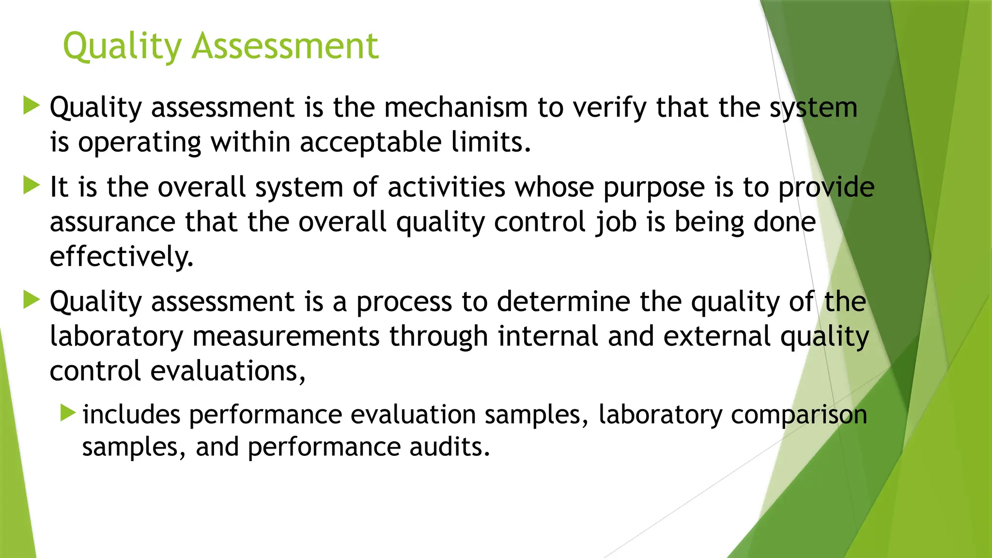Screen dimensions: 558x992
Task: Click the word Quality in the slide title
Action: (122, 46)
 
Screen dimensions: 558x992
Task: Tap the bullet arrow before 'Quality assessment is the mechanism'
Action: (31, 105)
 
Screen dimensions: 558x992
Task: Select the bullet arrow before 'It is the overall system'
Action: (31, 185)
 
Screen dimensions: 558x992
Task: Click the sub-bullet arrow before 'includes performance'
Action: (68, 413)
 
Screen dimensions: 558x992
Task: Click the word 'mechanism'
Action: (456, 108)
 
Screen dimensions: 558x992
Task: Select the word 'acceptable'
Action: (371, 142)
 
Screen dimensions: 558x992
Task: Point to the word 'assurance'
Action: (112, 222)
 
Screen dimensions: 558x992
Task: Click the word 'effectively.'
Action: (121, 257)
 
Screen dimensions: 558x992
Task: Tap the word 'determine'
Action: (563, 302)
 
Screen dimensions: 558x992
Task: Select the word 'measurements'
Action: (286, 337)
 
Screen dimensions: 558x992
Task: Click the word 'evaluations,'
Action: (228, 372)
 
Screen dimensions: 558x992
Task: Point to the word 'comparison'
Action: (799, 416)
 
